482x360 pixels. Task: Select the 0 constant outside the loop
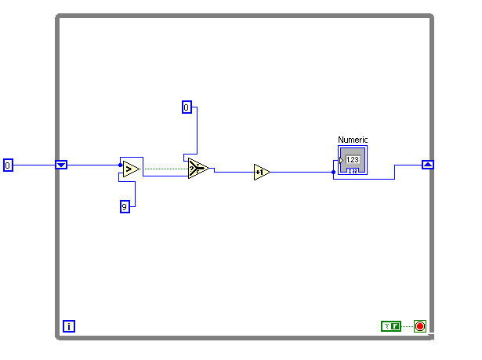[8, 165]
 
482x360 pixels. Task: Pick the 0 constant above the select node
[187, 107]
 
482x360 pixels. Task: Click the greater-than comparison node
[130, 169]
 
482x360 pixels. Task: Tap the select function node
[198, 168]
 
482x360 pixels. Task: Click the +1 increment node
[262, 172]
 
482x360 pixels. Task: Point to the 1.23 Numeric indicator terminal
[352, 160]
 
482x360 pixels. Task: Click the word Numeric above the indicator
[353, 140]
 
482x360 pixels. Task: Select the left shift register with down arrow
[62, 165]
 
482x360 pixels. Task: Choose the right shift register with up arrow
[427, 164]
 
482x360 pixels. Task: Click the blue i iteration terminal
[69, 326]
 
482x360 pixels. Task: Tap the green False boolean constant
[390, 325]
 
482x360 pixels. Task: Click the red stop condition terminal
[419, 325]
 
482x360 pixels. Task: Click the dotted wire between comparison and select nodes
[165, 168]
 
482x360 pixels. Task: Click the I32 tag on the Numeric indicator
[353, 170]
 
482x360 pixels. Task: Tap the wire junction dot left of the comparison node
[120, 165]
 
